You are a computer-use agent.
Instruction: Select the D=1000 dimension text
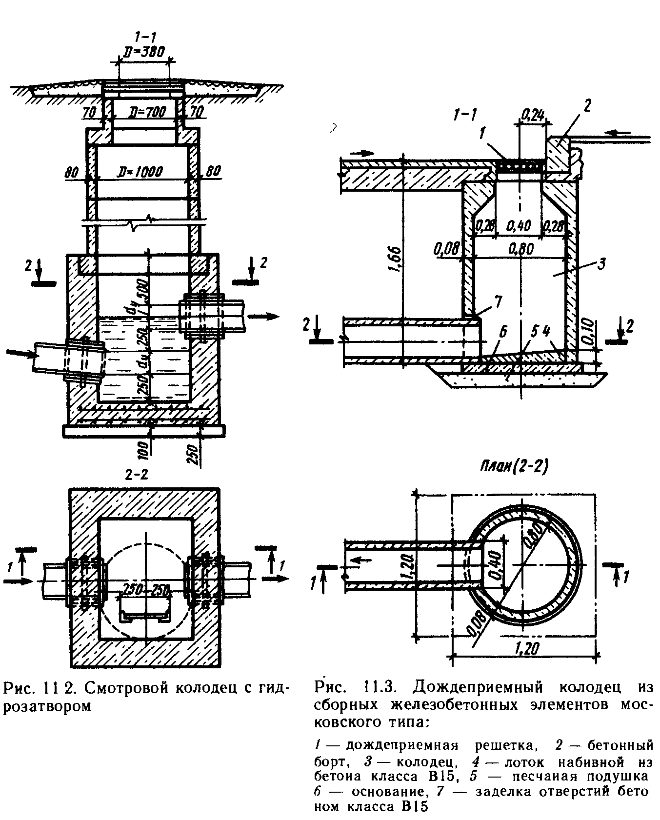[141, 171]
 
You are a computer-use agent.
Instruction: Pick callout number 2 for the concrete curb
[586, 105]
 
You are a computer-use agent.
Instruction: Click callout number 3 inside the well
[601, 264]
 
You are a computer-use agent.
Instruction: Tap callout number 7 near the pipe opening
[498, 302]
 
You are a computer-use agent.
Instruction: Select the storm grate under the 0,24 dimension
[520, 166]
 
